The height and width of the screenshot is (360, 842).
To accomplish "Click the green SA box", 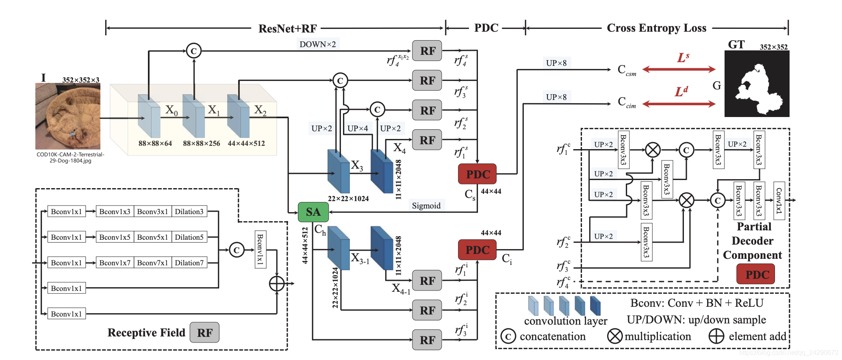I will [313, 212].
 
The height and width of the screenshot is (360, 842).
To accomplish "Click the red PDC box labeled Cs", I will [477, 174].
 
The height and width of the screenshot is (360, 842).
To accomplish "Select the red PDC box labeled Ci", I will [477, 250].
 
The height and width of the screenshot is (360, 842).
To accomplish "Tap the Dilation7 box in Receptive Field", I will [189, 263].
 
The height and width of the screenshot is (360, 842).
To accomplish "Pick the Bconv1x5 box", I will [115, 237].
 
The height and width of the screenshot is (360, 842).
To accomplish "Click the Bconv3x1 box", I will [152, 212].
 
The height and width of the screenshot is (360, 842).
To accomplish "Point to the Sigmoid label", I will [426, 206].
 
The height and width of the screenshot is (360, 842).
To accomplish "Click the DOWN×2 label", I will [317, 44].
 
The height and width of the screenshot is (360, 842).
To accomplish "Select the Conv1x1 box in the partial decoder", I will [779, 200].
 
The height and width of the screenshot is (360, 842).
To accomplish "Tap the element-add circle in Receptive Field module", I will [277, 284].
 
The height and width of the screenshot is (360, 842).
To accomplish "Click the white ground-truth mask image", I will [757, 84].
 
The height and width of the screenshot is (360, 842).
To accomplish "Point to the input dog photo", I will [68, 116].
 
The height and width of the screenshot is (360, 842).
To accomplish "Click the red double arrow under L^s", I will [679, 69].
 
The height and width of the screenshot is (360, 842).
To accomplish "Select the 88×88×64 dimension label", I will [155, 143].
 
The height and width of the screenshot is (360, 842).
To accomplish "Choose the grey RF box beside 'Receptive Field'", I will [205, 333].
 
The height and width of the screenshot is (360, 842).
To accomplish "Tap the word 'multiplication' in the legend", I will [658, 337].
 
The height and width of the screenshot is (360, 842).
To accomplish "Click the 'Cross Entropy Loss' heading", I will [656, 28].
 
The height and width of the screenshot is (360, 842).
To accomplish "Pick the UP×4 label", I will [358, 128].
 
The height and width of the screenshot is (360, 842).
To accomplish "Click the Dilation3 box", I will [189, 212].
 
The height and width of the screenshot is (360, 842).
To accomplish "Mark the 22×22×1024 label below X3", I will [348, 199].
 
